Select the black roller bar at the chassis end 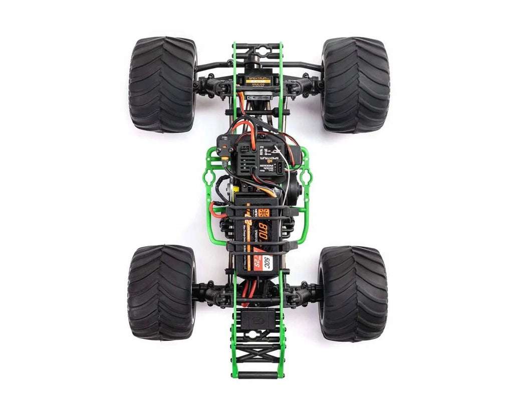point(258,374)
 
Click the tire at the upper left point(162,84)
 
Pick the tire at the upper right point(355,84)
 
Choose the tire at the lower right point(353,292)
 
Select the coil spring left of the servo point(211,86)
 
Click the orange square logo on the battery point(265,212)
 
